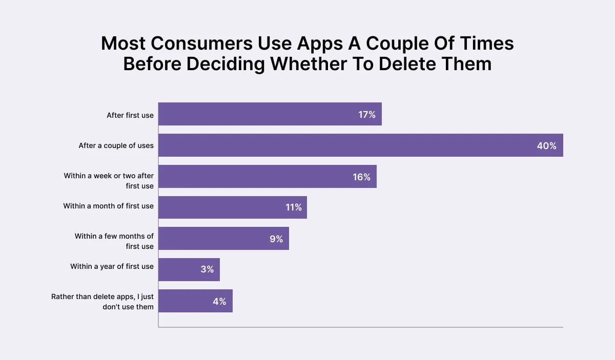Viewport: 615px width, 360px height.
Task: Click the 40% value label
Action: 546,146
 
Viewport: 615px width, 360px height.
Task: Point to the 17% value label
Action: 367,115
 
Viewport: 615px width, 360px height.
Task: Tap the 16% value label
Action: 361,177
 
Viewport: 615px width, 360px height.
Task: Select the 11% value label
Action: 294,208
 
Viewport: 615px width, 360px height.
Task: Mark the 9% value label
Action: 276,239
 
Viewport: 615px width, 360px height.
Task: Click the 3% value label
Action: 207,269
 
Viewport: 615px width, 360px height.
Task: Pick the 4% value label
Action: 219,301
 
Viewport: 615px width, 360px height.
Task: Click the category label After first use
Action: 130,115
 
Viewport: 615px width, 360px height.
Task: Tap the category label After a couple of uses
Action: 116,145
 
